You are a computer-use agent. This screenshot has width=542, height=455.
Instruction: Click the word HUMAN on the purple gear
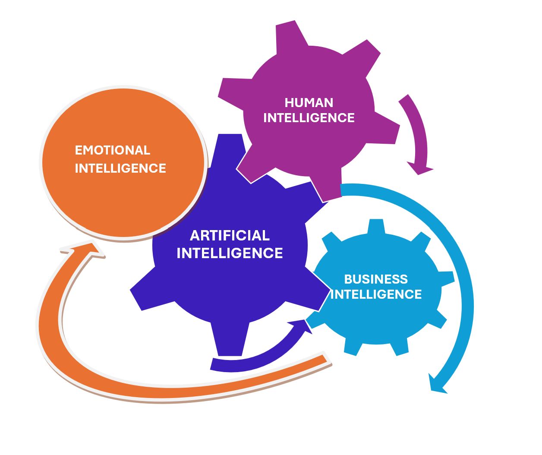tap(309, 102)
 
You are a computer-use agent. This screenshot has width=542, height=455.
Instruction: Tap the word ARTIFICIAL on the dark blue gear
tap(230, 235)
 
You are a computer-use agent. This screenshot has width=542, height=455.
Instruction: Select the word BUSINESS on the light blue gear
tap(375, 279)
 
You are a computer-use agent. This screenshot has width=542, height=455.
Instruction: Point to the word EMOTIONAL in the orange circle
tap(112, 150)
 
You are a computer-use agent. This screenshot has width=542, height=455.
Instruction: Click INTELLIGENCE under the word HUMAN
tap(309, 118)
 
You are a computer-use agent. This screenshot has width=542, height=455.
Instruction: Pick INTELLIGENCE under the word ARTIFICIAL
tap(230, 253)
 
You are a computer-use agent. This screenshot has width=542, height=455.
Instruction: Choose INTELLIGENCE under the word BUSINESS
tap(376, 294)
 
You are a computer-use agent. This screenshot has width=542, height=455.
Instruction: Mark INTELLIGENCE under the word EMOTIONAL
tap(120, 168)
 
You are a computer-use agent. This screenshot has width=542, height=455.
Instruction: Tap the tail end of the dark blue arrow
tap(213, 364)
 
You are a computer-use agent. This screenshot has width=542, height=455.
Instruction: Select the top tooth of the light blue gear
tap(376, 226)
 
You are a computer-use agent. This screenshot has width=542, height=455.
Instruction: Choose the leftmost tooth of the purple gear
tap(231, 91)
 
